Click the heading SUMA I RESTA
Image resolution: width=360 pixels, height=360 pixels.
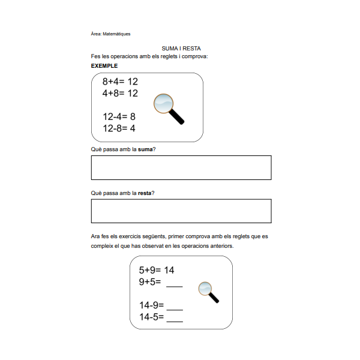(181, 48)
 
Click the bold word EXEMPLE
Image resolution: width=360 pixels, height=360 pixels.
(104, 65)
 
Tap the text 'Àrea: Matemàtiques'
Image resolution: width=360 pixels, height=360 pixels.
(110, 34)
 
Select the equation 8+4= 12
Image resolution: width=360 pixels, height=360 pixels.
(120, 81)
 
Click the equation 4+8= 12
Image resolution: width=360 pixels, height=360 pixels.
(120, 93)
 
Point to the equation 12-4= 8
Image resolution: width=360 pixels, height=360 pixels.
(119, 116)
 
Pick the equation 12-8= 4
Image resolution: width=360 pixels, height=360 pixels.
(119, 128)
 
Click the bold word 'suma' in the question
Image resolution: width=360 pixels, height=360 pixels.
(145, 149)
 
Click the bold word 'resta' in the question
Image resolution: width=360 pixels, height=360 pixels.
(145, 193)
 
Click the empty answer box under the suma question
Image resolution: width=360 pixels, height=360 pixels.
(181, 167)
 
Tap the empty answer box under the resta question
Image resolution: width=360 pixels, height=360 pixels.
(181, 211)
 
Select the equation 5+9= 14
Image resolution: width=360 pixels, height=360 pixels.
(157, 270)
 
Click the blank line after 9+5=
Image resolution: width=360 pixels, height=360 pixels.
(174, 284)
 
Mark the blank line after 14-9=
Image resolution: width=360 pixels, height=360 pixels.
(175, 308)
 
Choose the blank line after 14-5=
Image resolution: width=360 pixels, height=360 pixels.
(175, 320)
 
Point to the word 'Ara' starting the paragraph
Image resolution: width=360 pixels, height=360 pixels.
(95, 236)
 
